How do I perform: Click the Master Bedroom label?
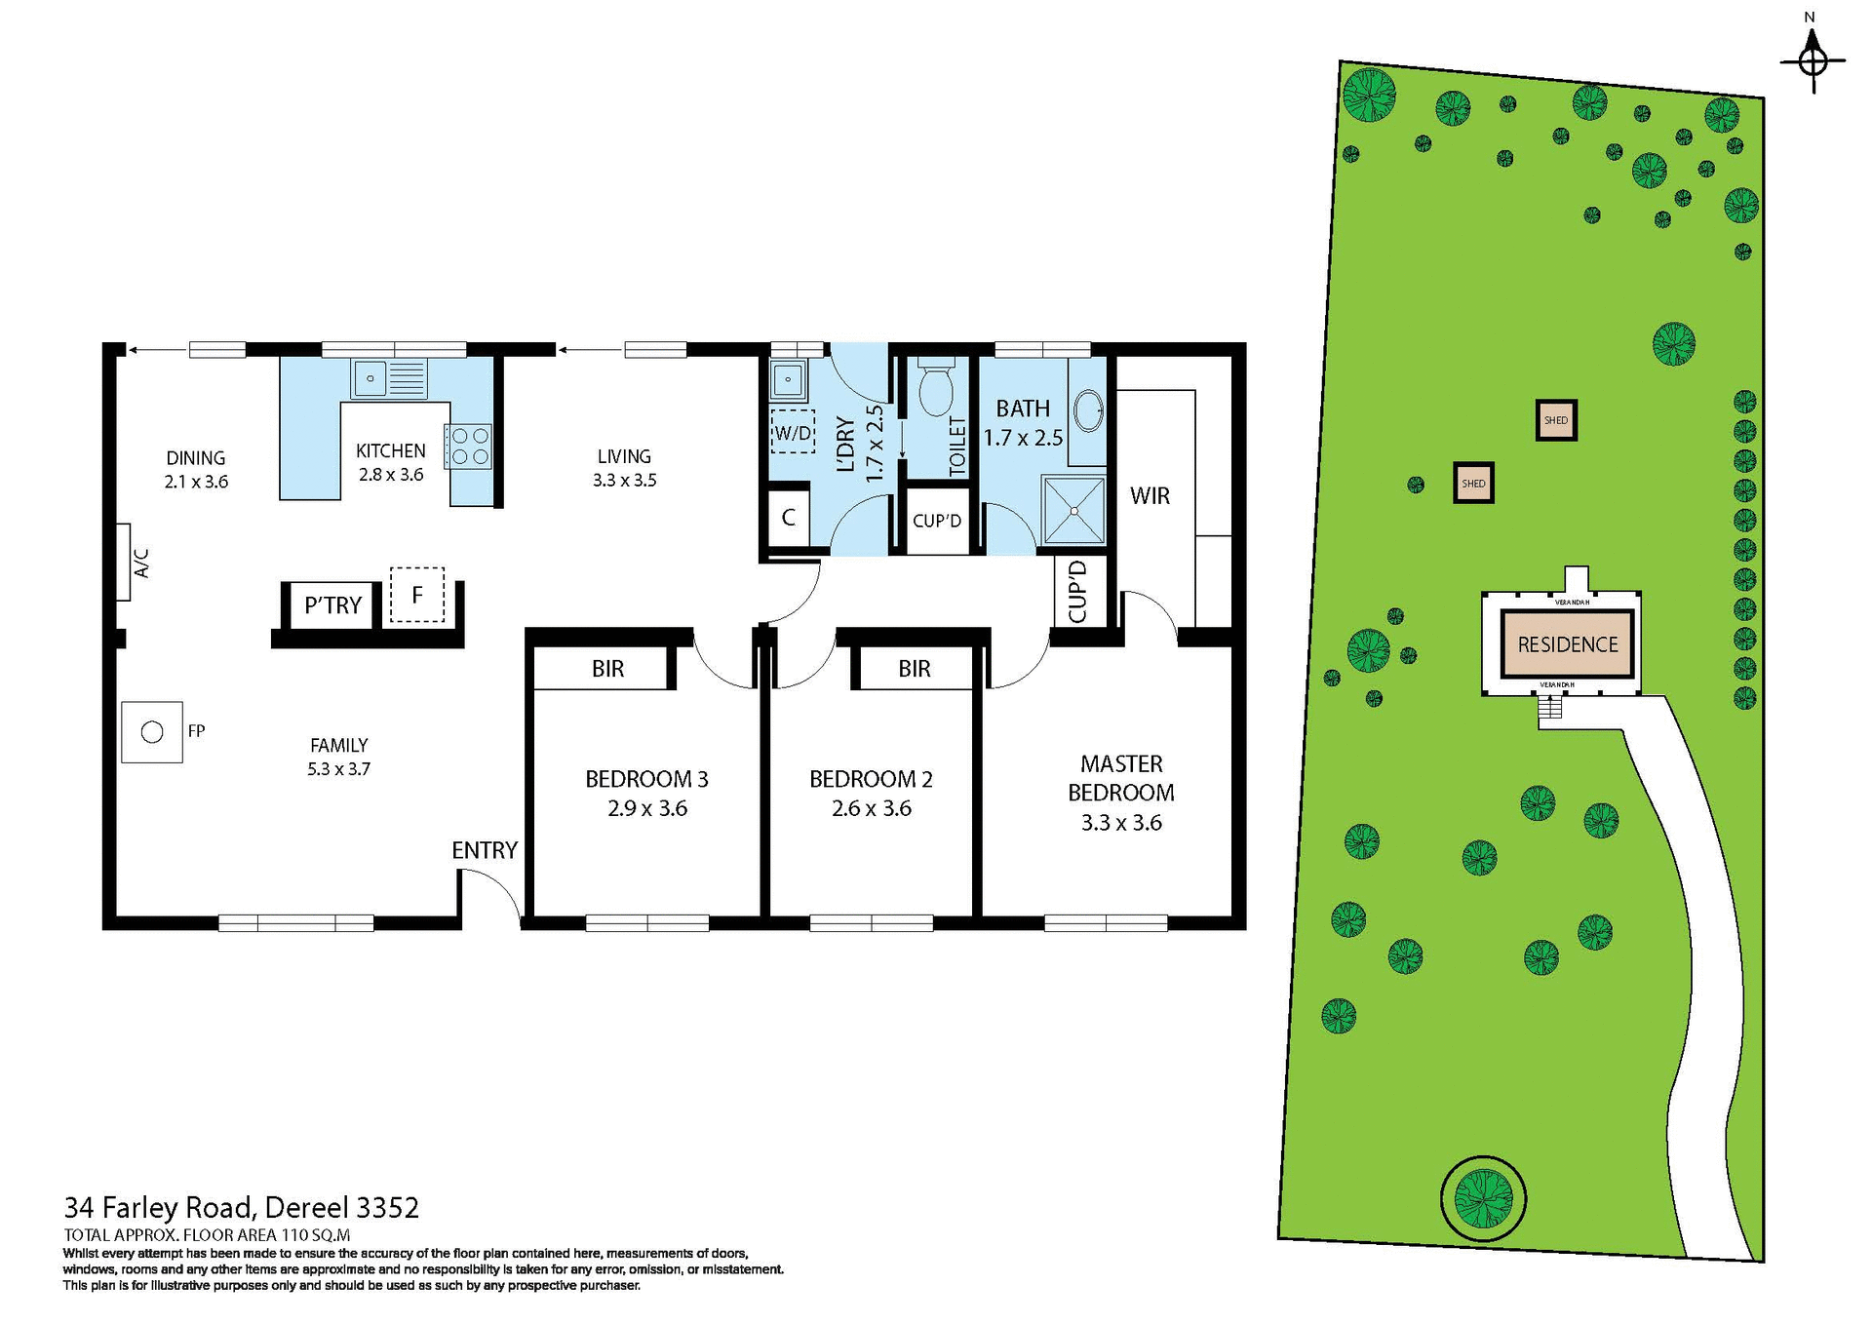pos(1120,778)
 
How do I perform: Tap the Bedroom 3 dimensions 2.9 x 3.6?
pos(646,808)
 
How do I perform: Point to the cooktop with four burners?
pos(470,447)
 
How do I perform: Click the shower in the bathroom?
pos(1073,510)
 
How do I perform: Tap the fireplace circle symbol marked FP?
pos(152,732)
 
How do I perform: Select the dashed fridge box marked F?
pos(416,595)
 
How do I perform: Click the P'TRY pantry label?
pos(332,605)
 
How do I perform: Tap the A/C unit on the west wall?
pos(124,563)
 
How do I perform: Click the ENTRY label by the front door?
pos(484,850)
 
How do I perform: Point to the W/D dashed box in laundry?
pos(793,432)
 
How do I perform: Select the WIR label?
pos(1150,495)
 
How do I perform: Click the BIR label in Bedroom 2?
pos(914,669)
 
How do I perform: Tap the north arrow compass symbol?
pos(1813,60)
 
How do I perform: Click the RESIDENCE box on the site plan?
pos(1567,644)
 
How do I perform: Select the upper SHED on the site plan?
pos(1556,420)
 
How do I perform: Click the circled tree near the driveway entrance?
pos(1483,1197)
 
